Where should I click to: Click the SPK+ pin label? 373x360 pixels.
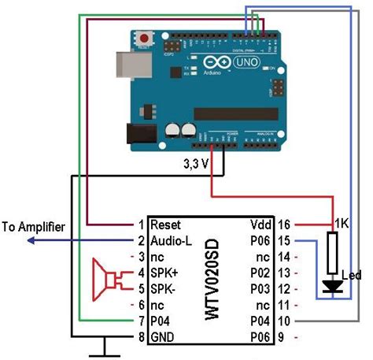165,273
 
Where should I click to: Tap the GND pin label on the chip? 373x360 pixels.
163,337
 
